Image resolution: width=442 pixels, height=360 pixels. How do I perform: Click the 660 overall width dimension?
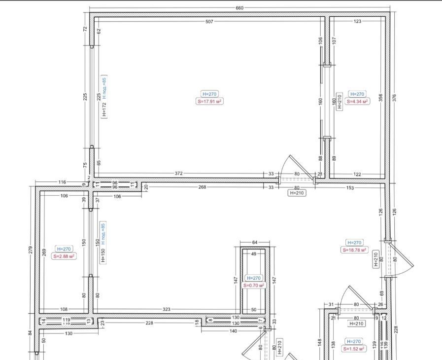[239, 8]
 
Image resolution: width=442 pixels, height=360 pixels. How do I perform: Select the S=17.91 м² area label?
[209, 101]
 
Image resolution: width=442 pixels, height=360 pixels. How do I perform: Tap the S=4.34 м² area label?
[357, 101]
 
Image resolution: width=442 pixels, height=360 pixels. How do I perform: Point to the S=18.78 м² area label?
[354, 250]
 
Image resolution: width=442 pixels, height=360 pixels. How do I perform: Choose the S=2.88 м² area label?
[64, 256]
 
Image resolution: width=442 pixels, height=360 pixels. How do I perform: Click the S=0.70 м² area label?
[254, 286]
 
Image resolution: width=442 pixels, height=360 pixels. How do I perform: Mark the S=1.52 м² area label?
[354, 349]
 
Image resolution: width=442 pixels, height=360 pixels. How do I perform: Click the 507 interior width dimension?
[209, 21]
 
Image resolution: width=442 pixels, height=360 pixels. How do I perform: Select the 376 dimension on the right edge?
[394, 98]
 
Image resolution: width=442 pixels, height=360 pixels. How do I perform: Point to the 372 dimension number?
[179, 173]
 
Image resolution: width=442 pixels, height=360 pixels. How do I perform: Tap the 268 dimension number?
[202, 187]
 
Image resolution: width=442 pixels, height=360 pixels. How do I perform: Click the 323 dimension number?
[167, 309]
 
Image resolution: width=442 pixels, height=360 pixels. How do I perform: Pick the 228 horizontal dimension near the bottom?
[149, 323]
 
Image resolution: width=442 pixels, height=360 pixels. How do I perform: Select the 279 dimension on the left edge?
[31, 250]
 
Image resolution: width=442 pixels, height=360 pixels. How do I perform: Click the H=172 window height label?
[104, 110]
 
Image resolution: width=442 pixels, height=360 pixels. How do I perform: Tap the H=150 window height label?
[103, 255]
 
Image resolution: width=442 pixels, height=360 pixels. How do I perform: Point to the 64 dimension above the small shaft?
[255, 242]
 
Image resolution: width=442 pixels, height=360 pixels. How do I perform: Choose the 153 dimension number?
[349, 187]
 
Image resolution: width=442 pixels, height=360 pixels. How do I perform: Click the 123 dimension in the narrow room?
[357, 21]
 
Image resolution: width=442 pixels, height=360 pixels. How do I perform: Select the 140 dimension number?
[233, 331]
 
